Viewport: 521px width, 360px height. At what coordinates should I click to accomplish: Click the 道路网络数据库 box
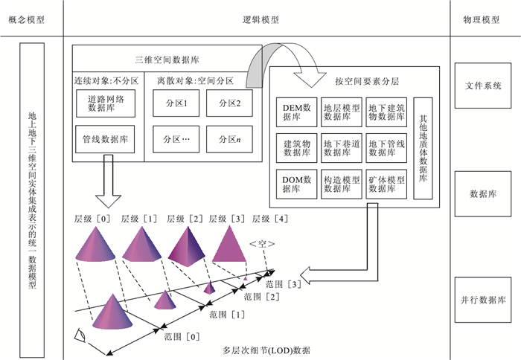click(106, 103)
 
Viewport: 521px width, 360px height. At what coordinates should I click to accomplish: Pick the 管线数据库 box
click(106, 138)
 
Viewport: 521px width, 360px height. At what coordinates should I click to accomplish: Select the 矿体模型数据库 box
click(386, 184)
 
